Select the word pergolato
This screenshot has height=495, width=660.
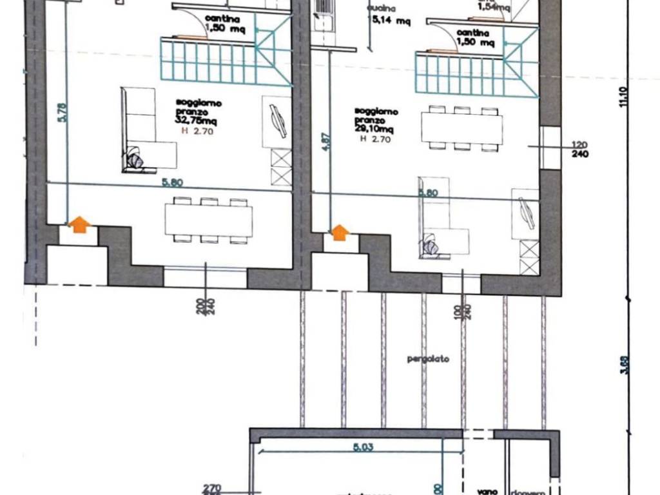[x=427, y=359]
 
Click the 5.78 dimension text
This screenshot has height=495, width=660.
[x=62, y=112]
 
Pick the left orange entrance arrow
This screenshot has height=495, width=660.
[x=79, y=224]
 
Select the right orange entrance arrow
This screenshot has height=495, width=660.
[x=340, y=232]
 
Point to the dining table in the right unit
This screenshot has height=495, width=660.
[x=462, y=129]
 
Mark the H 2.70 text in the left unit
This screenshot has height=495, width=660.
[x=199, y=131]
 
